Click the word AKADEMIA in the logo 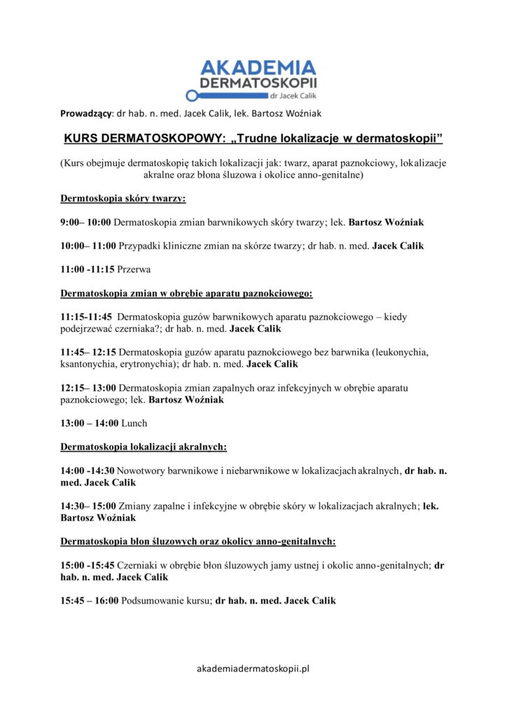point(258,69)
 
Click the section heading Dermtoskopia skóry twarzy point(123,199)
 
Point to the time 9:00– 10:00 point(85,222)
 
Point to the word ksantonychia point(89,364)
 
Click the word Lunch point(134,423)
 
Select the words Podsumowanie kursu point(167,601)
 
